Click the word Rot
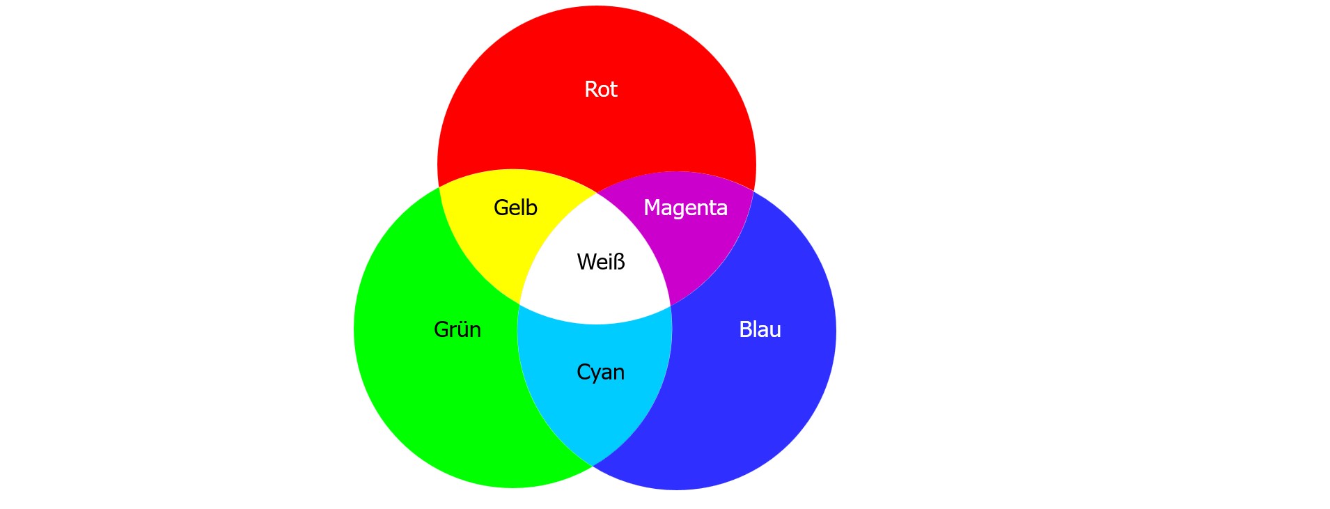tap(600, 89)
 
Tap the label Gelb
tap(515, 207)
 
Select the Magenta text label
tap(685, 207)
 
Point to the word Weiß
tap(600, 262)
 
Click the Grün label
tap(457, 329)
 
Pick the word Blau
tap(760, 329)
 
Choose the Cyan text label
tap(600, 372)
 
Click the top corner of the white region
tap(597, 192)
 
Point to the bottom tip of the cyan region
tap(593, 465)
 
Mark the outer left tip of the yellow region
tap(439, 187)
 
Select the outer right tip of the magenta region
tap(753, 189)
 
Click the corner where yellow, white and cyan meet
tap(519, 304)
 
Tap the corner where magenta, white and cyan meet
tap(671, 306)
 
